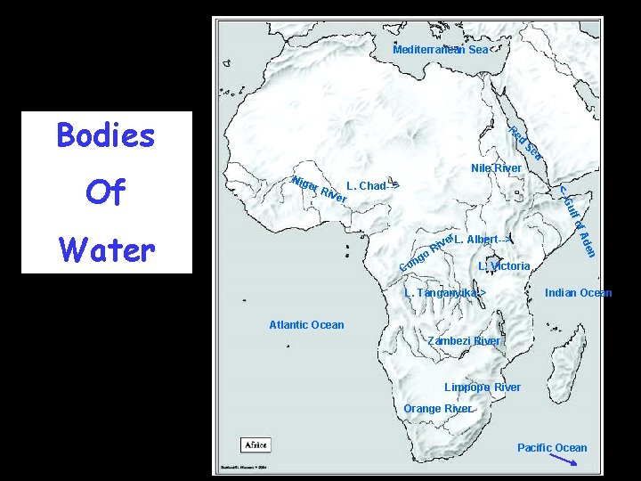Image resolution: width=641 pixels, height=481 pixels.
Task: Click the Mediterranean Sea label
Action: tap(441, 50)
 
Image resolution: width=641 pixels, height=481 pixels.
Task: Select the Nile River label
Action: tap(495, 168)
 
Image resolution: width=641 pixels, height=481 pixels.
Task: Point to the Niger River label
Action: tap(318, 189)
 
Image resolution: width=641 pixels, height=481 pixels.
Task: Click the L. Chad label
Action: tap(373, 186)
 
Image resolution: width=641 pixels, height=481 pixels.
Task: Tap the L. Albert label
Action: tap(481, 240)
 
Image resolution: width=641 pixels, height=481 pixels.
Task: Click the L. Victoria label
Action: tap(504, 266)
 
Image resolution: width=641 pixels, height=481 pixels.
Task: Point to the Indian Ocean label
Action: tap(578, 292)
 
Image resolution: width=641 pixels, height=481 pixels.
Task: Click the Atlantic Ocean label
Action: tap(306, 324)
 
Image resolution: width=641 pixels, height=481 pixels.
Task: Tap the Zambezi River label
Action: tap(464, 341)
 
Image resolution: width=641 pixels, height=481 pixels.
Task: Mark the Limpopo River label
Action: tap(483, 387)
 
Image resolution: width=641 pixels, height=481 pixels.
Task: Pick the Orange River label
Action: tap(437, 409)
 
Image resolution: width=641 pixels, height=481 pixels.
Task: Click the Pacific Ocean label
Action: tap(552, 447)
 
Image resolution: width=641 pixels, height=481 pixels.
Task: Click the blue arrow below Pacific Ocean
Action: tap(563, 461)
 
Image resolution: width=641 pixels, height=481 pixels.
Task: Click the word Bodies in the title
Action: tap(105, 135)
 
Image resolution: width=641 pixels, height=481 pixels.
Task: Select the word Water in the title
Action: tap(105, 250)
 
